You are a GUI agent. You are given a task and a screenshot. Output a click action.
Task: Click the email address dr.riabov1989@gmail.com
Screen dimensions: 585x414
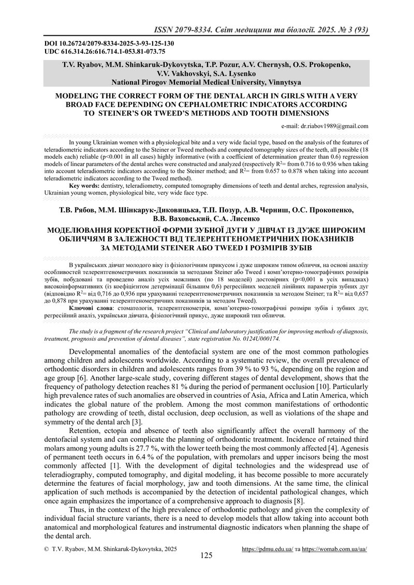tap(324, 126)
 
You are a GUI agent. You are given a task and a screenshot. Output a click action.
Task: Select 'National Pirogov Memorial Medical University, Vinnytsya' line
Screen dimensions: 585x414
tap(206, 82)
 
